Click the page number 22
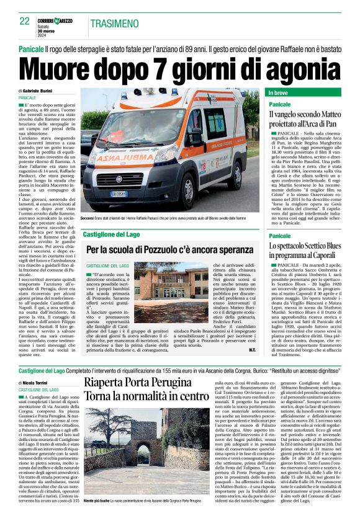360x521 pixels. (25, 20)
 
